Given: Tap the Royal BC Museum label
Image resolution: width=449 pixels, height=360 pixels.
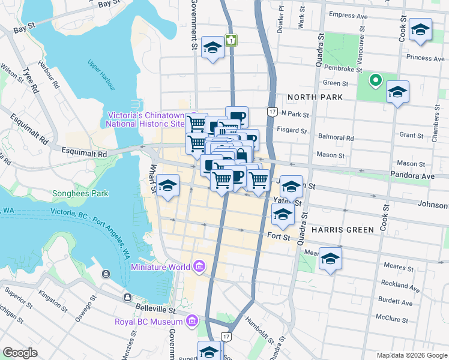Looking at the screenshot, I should coord(149,322).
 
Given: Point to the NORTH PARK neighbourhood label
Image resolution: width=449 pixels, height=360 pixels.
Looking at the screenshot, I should coord(315,97).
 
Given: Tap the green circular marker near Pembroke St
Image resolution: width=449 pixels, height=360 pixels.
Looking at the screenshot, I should coord(375,80).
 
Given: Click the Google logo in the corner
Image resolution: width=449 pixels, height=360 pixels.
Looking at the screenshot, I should coord(20,352).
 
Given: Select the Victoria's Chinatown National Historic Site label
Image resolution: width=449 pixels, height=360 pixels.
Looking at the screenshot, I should coord(145,119).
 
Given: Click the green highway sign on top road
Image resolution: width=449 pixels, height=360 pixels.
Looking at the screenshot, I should coord(231,40).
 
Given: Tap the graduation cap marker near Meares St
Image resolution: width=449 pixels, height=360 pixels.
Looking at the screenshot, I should coord(330,259).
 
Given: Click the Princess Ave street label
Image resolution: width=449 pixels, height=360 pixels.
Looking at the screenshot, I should coord(425,58).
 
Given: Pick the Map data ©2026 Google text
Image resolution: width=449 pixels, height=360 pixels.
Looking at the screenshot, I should coord(411,355).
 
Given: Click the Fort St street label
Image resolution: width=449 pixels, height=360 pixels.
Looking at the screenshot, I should coord(279,237).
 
